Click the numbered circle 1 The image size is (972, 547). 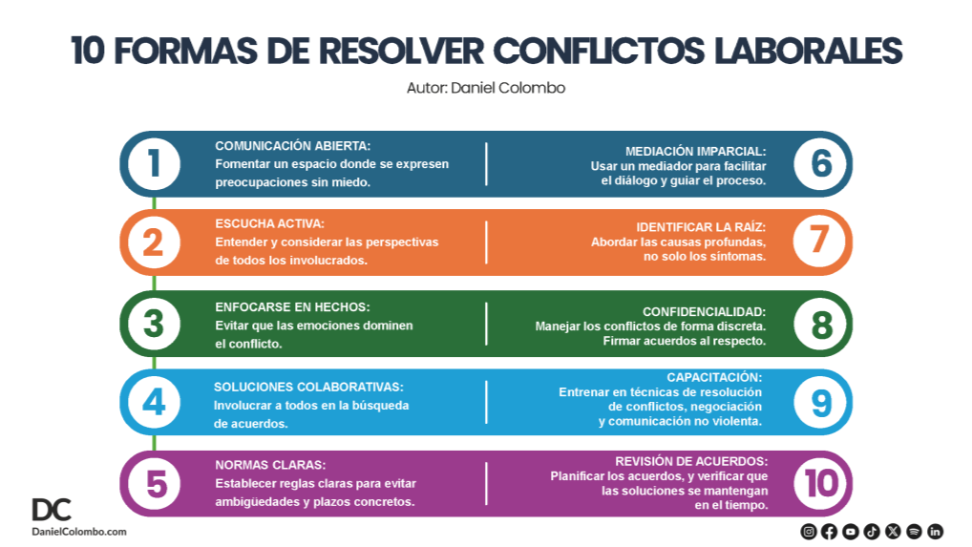click(x=155, y=164)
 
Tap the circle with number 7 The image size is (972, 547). click(x=820, y=241)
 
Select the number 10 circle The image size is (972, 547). click(x=820, y=483)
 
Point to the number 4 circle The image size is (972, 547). click(x=155, y=403)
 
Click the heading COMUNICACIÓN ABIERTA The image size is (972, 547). click(x=292, y=145)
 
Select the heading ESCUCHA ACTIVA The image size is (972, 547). click(x=269, y=223)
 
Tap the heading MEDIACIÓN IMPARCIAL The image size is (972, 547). click(x=695, y=151)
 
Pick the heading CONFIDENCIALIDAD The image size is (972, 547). click(x=705, y=311)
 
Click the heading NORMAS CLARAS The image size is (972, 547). click(x=270, y=465)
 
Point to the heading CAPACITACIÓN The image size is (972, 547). click(x=714, y=377)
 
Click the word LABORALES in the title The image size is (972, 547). click(x=809, y=51)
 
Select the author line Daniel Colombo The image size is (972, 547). click(x=486, y=88)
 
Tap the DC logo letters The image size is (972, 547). click(x=52, y=509)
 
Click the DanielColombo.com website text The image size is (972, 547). click(x=79, y=532)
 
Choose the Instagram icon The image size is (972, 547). click(x=809, y=531)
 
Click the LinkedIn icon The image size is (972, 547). click(x=935, y=531)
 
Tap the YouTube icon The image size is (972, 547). click(x=851, y=531)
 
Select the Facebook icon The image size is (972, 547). click(x=830, y=531)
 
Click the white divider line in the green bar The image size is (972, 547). click(x=486, y=324)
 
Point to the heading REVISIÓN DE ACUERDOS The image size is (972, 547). click(x=691, y=461)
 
